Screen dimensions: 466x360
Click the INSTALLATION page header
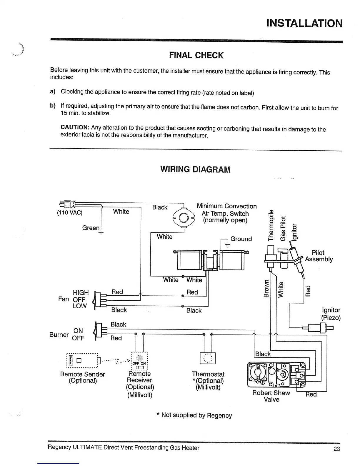click(x=304, y=23)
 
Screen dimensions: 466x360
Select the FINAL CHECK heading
click(x=196, y=55)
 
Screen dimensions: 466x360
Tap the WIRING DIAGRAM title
click(x=195, y=169)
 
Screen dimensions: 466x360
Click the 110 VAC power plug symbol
click(x=66, y=204)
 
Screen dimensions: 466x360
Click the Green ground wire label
click(x=91, y=228)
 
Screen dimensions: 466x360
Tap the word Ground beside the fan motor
click(x=241, y=239)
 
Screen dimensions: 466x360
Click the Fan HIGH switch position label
click(x=81, y=292)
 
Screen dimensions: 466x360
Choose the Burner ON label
click(x=78, y=331)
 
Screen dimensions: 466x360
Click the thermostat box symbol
click(x=208, y=358)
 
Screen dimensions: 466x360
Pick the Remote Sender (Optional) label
click(x=82, y=377)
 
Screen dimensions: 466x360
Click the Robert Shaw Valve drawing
click(x=276, y=375)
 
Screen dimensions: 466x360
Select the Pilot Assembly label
click(x=319, y=256)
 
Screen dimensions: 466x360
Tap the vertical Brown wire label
click(x=266, y=288)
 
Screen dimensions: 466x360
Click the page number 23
click(x=337, y=449)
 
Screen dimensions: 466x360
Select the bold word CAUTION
click(x=75, y=127)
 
